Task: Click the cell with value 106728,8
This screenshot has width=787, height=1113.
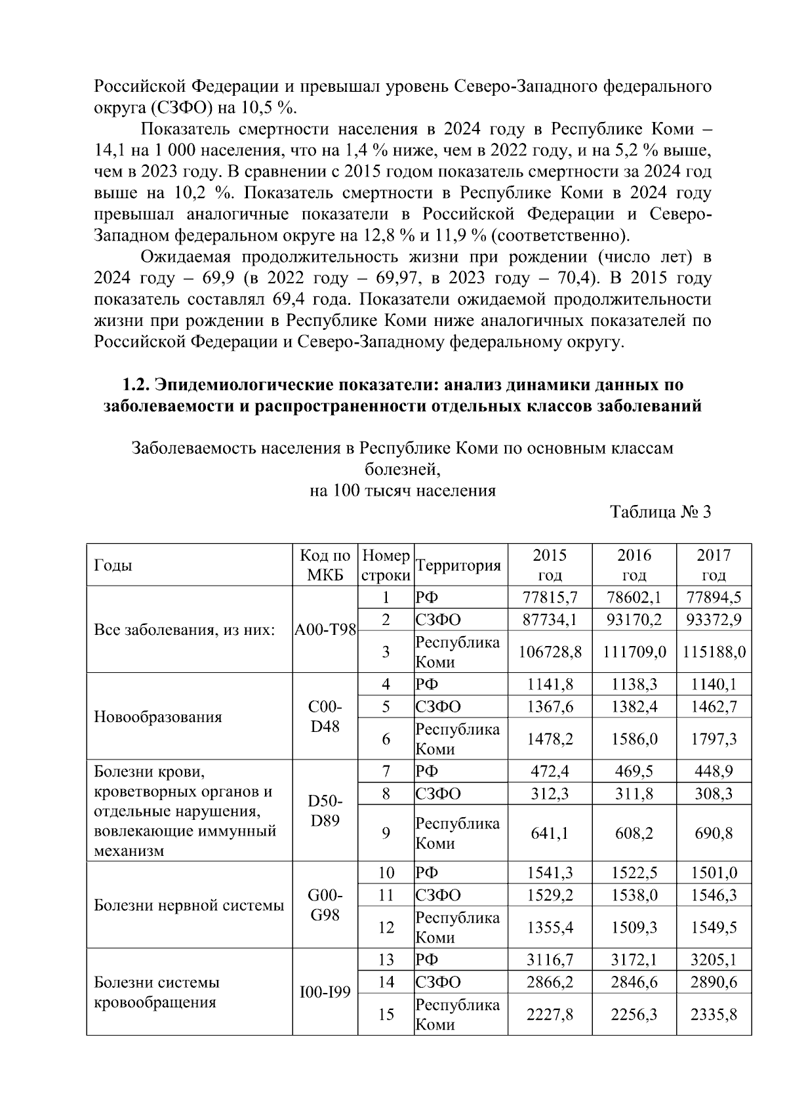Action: tap(550, 652)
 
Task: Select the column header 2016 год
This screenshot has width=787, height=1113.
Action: tap(634, 565)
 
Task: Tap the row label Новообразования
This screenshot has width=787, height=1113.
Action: tap(158, 716)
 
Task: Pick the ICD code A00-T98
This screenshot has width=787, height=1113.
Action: tap(325, 630)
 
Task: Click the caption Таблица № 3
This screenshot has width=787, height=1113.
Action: tap(660, 512)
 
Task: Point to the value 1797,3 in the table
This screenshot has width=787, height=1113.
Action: tap(714, 739)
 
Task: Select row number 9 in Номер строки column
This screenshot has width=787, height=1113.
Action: tap(386, 833)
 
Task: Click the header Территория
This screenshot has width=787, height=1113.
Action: tap(458, 565)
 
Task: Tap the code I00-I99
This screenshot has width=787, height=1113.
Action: tap(325, 993)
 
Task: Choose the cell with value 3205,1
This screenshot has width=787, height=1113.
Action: tap(714, 960)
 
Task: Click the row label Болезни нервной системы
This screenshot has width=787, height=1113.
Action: tap(189, 906)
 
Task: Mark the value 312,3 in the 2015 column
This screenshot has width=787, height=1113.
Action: tap(550, 794)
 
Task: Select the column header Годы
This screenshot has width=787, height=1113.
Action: tap(113, 565)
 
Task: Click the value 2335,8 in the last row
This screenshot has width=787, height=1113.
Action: tap(714, 1015)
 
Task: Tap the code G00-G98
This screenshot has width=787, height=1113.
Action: tap(325, 905)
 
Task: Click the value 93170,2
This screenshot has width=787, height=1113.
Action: tap(634, 620)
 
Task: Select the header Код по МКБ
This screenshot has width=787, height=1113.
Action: tap(325, 565)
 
